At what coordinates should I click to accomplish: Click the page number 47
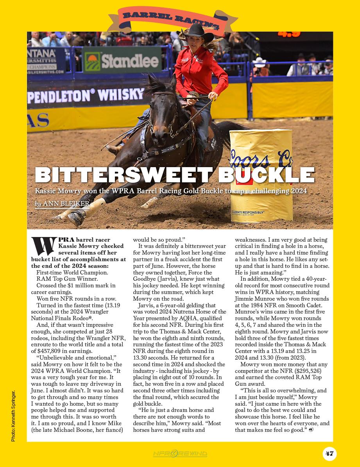click(330, 453)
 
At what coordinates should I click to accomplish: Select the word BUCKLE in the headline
click(266, 175)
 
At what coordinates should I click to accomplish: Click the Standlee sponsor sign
click(122, 61)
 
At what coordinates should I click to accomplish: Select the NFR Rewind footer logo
click(180, 453)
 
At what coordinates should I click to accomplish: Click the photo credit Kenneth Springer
click(13, 416)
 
